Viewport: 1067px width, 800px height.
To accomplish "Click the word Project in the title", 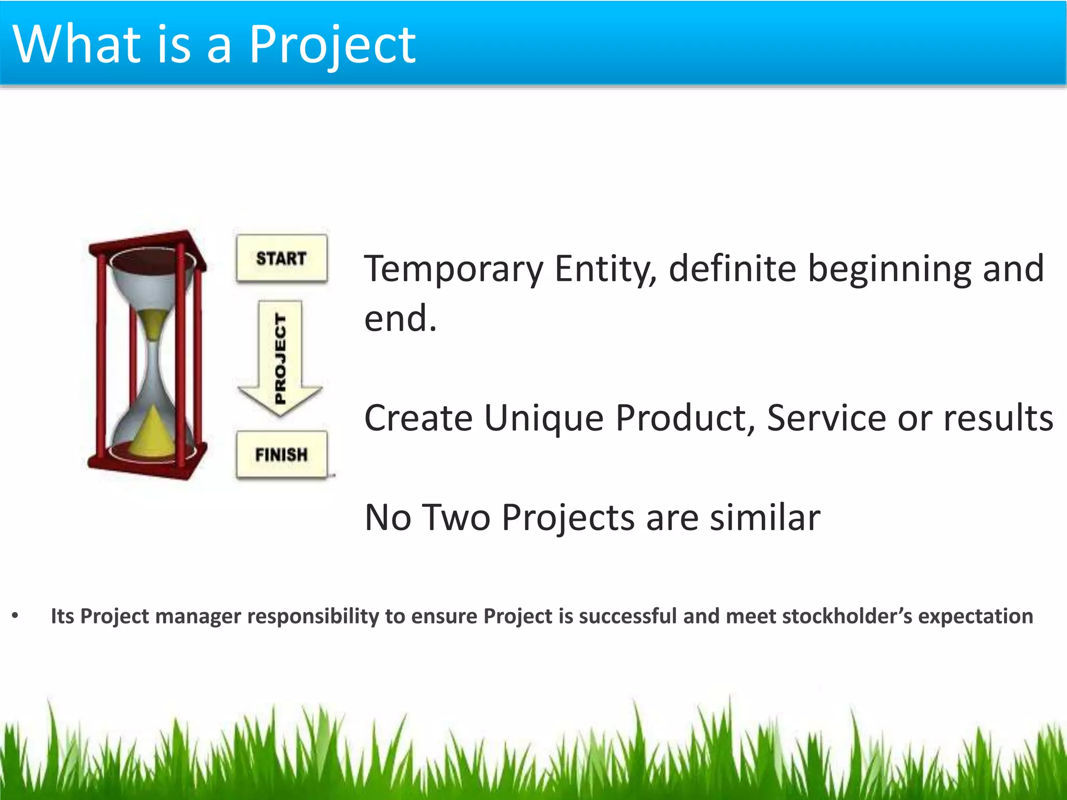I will click(x=332, y=46).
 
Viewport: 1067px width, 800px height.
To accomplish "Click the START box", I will click(x=281, y=258).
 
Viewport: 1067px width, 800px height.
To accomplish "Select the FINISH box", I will click(x=281, y=454).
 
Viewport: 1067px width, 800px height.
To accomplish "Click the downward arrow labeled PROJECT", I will click(x=280, y=359).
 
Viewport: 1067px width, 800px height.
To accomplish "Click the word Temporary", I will click(x=454, y=269).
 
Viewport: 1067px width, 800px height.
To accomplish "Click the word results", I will click(x=998, y=418).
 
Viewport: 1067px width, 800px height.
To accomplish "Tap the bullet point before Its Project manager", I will click(x=15, y=616).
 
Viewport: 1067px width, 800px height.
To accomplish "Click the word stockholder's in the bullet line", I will click(x=847, y=616).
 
